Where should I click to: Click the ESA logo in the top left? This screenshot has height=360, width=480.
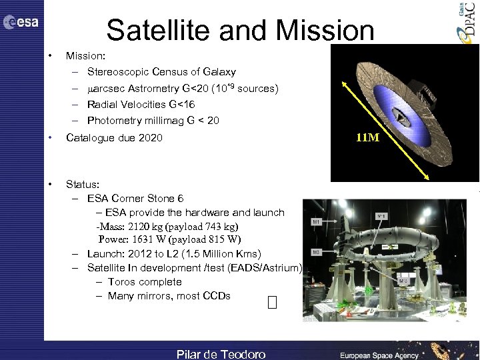coord(21,22)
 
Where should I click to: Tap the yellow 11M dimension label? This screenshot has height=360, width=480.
coord(369,139)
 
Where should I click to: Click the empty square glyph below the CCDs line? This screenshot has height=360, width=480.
coord(271,304)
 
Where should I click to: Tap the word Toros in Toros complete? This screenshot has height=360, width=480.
coord(121,282)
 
